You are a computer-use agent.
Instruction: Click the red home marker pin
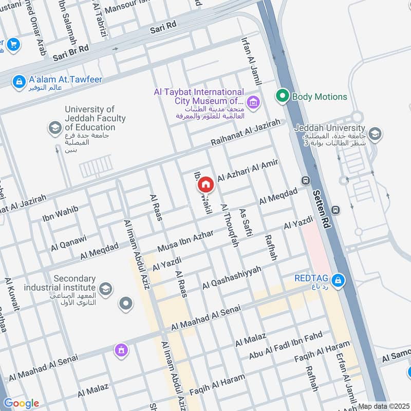[x=206, y=184]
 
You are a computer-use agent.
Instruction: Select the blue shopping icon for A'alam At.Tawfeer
[x=19, y=81]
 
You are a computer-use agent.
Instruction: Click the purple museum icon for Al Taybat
[x=252, y=102]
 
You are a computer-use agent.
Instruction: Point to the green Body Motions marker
[x=282, y=96]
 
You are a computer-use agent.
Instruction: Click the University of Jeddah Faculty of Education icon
[x=54, y=127]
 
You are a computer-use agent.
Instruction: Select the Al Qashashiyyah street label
[x=232, y=277]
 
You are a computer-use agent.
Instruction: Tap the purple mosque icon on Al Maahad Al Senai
[x=122, y=350]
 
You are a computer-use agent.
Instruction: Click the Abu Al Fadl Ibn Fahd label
[x=285, y=345]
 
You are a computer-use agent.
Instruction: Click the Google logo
[x=21, y=403]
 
